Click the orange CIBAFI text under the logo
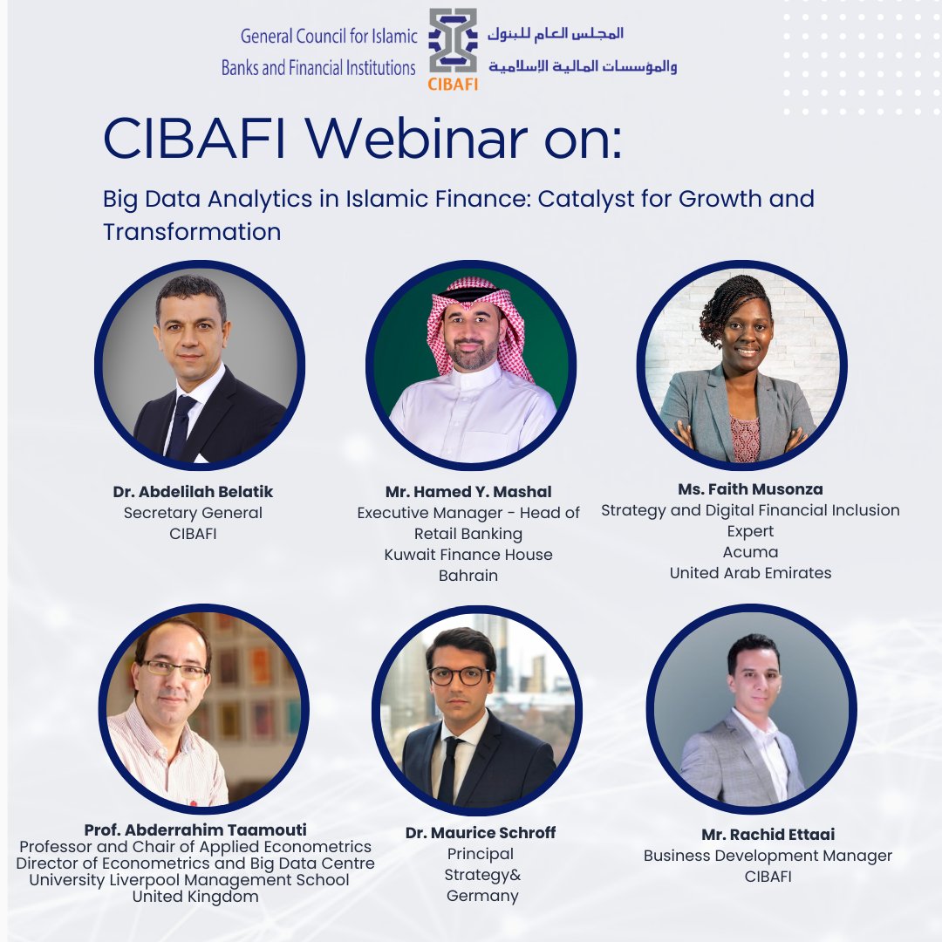[x=453, y=85]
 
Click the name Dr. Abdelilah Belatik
[x=193, y=492]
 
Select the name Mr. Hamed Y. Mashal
[x=468, y=492]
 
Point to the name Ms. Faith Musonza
[x=750, y=489]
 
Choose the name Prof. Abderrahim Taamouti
[x=195, y=829]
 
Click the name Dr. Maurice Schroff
[x=481, y=833]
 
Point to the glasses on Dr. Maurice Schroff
[x=459, y=676]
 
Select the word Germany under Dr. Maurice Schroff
[x=482, y=896]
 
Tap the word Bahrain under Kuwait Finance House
[x=468, y=576]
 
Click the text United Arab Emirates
[x=750, y=573]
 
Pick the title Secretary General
[x=193, y=513]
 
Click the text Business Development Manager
[x=768, y=856]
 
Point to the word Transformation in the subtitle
[x=192, y=232]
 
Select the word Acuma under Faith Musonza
[x=750, y=552]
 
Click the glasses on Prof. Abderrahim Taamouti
[x=174, y=670]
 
